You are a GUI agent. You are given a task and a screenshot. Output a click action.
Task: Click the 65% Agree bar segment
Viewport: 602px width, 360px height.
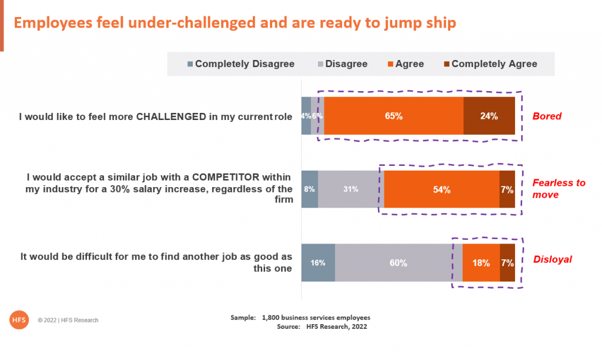tap(393, 116)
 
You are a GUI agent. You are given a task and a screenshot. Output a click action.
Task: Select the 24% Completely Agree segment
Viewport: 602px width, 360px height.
tap(489, 116)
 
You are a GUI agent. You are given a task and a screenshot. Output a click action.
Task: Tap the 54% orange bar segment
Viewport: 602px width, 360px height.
tap(442, 189)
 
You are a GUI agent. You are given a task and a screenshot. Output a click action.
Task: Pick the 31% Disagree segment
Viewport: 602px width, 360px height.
tap(351, 189)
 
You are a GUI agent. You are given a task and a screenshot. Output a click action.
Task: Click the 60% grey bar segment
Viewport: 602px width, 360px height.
tap(399, 263)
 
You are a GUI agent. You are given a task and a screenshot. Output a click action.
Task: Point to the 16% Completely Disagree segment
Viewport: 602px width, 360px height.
tap(318, 263)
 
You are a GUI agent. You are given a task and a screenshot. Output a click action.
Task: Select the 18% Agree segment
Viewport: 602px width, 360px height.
tap(481, 263)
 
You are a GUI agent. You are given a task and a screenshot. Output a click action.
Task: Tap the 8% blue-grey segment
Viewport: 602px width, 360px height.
tap(309, 189)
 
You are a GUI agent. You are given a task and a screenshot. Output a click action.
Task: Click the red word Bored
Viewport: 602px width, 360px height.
tap(547, 116)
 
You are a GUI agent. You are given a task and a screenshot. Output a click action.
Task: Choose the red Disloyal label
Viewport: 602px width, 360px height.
tap(553, 259)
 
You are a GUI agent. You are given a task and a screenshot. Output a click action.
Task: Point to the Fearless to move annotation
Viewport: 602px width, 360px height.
tap(558, 189)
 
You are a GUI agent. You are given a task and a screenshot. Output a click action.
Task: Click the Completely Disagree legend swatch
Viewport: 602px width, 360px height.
tap(190, 64)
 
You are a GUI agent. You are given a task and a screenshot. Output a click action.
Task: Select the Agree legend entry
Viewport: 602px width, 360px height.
tap(406, 64)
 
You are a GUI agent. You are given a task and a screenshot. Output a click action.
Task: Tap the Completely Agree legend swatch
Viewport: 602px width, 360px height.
tap(447, 64)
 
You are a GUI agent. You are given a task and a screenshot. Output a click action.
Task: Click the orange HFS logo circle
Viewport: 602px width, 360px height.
tap(19, 319)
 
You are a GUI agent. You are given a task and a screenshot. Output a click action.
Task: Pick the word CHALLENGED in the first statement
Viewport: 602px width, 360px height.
tap(171, 116)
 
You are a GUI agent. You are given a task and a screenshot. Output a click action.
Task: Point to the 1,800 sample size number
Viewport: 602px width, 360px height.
tap(270, 318)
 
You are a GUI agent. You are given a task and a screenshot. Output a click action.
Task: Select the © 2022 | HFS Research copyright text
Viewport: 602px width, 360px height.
tap(68, 320)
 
